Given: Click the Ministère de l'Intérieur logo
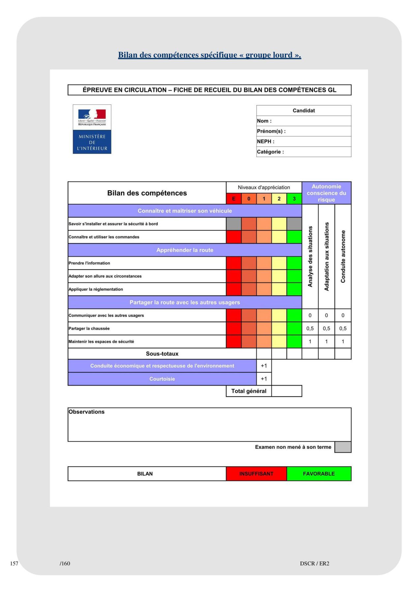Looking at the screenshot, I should click(92, 129).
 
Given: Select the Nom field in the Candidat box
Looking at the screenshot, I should click(303, 121).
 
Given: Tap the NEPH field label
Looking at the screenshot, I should click(266, 141).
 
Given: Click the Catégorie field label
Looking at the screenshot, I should click(270, 152).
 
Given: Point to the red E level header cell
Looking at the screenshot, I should click(234, 199).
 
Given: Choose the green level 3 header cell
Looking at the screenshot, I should click(294, 199).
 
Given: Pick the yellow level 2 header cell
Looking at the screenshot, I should click(279, 199).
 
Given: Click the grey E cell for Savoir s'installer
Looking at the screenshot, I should click(234, 224).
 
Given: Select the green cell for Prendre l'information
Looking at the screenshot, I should click(294, 263).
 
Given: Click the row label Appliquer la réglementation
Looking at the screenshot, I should click(96, 289).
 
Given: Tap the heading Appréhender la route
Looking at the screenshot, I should click(185, 250).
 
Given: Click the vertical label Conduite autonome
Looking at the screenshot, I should click(343, 256).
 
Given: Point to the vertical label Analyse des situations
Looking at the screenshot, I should click(310, 256).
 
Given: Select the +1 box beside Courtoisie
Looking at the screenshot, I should click(264, 379).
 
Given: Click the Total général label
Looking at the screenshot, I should click(249, 391).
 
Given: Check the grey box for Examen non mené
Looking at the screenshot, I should click(343, 447).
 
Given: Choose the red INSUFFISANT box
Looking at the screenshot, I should click(256, 474).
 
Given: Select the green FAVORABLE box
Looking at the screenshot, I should click(319, 474).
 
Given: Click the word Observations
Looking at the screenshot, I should click(87, 412).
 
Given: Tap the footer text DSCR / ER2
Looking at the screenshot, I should click(315, 563).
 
